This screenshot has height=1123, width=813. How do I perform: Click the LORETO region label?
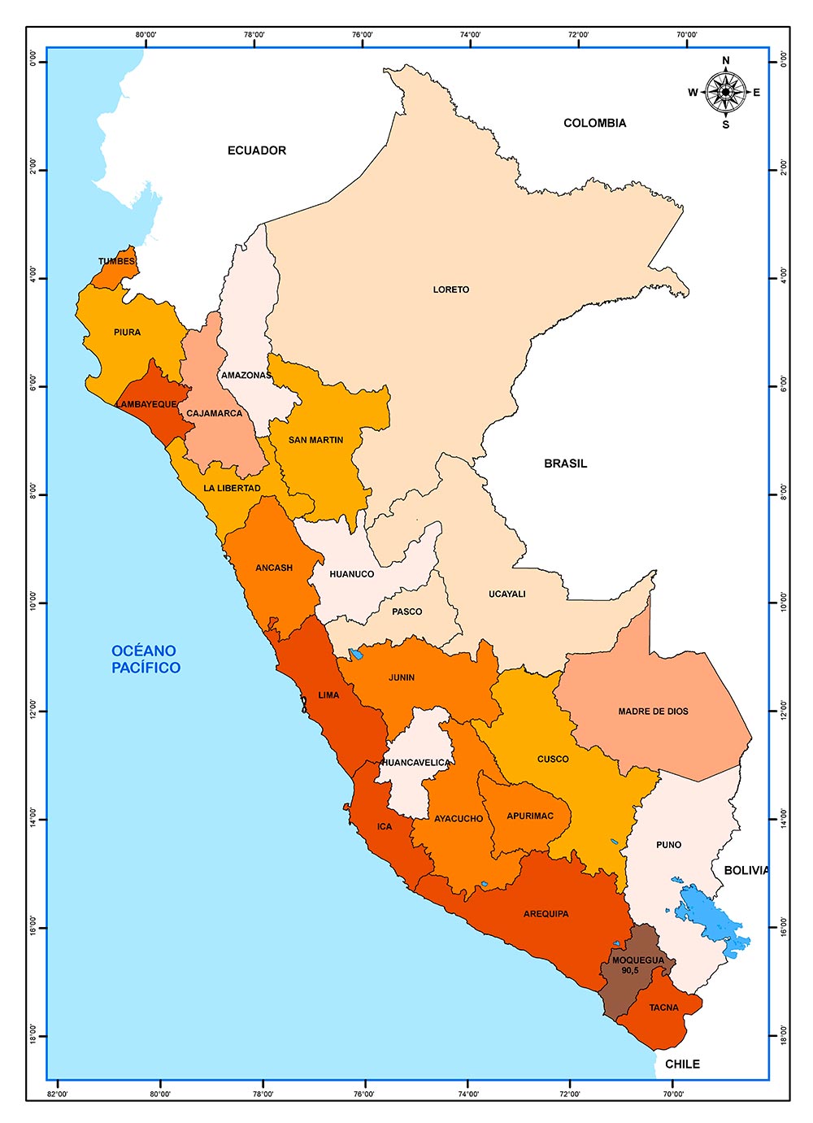click(x=450, y=289)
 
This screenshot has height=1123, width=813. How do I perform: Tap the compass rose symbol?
click(x=725, y=93)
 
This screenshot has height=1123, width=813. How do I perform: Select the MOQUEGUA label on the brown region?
click(x=637, y=960)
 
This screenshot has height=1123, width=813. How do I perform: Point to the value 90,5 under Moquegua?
click(x=630, y=970)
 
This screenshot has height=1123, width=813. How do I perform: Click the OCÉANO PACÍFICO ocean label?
click(x=146, y=659)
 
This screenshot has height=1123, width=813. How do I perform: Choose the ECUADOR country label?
click(x=257, y=150)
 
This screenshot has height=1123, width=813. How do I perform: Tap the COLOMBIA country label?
click(x=595, y=123)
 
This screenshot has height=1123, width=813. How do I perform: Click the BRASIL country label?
click(x=565, y=464)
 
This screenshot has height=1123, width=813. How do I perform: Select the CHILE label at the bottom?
click(x=682, y=1064)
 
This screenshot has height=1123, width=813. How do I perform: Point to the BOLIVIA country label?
click(x=746, y=870)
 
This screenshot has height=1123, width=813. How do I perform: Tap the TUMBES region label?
click(x=117, y=262)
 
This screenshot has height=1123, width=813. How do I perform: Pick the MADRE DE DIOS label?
click(x=653, y=712)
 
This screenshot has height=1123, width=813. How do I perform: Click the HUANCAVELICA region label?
click(x=415, y=763)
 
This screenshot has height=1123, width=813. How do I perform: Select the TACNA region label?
click(x=663, y=1008)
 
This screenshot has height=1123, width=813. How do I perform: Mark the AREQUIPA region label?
click(x=546, y=914)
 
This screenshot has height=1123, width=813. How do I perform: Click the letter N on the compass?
click(x=726, y=60)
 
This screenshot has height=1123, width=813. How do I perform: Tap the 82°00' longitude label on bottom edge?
click(x=58, y=1094)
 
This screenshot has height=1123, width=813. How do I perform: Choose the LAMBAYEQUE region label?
click(x=146, y=404)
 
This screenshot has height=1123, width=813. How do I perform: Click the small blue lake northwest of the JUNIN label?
click(x=355, y=654)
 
